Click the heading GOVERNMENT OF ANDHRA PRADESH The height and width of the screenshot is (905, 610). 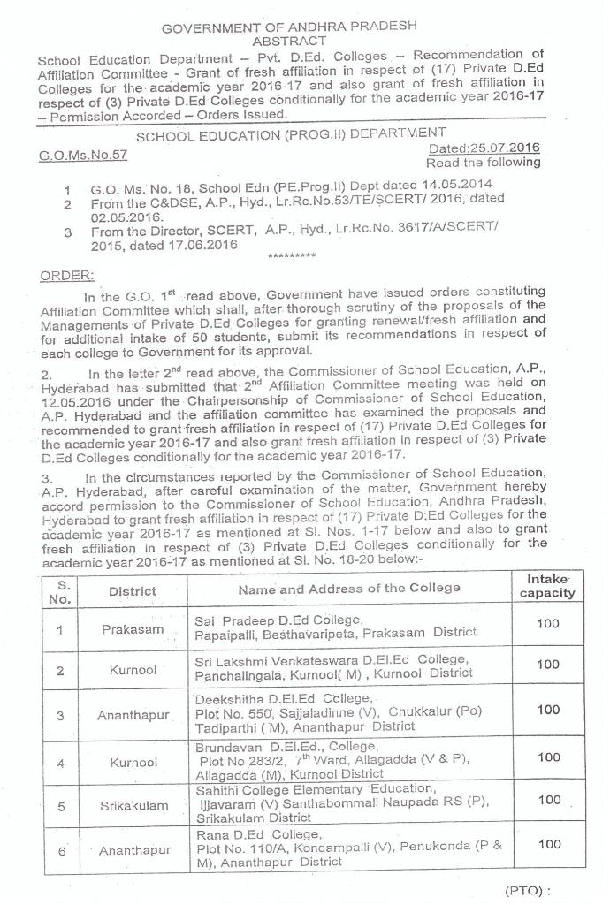[x=289, y=27]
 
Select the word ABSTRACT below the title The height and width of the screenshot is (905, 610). [x=289, y=42]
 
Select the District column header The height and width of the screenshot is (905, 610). [x=133, y=590]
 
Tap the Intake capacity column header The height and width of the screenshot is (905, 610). [x=547, y=586]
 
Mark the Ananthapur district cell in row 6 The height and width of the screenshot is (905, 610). [x=134, y=850]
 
